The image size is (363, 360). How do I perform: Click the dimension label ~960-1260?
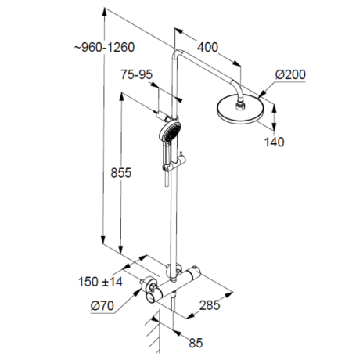pyautogui.click(x=106, y=48)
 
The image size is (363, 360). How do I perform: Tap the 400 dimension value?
pyautogui.click(x=207, y=47)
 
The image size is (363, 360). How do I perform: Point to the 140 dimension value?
pyautogui.click(x=274, y=142)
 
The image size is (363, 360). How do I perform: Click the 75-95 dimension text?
pyautogui.click(x=137, y=75)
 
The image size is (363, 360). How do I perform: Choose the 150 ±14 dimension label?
pyautogui.click(x=101, y=281)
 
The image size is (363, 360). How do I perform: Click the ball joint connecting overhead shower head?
pyautogui.click(x=244, y=100)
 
